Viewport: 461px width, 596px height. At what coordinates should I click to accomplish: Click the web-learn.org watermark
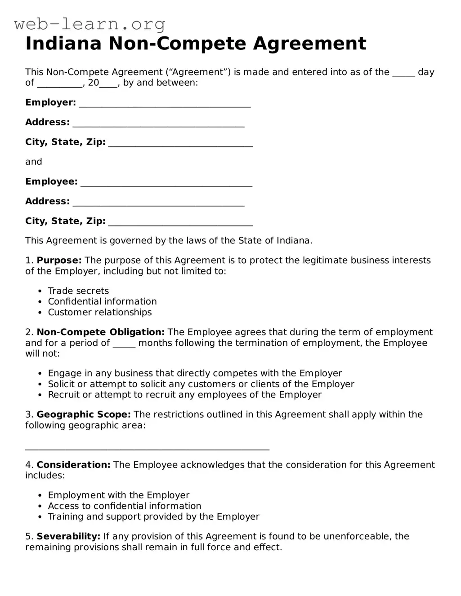(90, 24)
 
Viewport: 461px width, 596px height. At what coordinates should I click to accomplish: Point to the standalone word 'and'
(34, 162)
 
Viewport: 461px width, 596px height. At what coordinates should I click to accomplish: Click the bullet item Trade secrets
(78, 291)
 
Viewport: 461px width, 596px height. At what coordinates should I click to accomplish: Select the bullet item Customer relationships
(100, 313)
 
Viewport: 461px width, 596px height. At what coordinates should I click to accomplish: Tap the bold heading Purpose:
(59, 260)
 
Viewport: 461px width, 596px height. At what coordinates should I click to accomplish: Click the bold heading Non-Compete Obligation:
(101, 332)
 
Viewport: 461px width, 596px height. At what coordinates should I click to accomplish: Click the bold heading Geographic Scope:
(84, 415)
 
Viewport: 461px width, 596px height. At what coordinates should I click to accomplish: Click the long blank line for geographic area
(147, 447)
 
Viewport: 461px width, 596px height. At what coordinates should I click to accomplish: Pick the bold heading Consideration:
(73, 465)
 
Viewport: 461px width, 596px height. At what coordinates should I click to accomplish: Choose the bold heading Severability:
(68, 536)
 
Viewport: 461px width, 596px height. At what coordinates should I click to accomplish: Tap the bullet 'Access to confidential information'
(125, 506)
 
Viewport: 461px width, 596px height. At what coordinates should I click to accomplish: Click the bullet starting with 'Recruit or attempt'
(184, 395)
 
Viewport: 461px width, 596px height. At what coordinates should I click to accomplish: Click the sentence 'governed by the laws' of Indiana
(169, 241)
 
